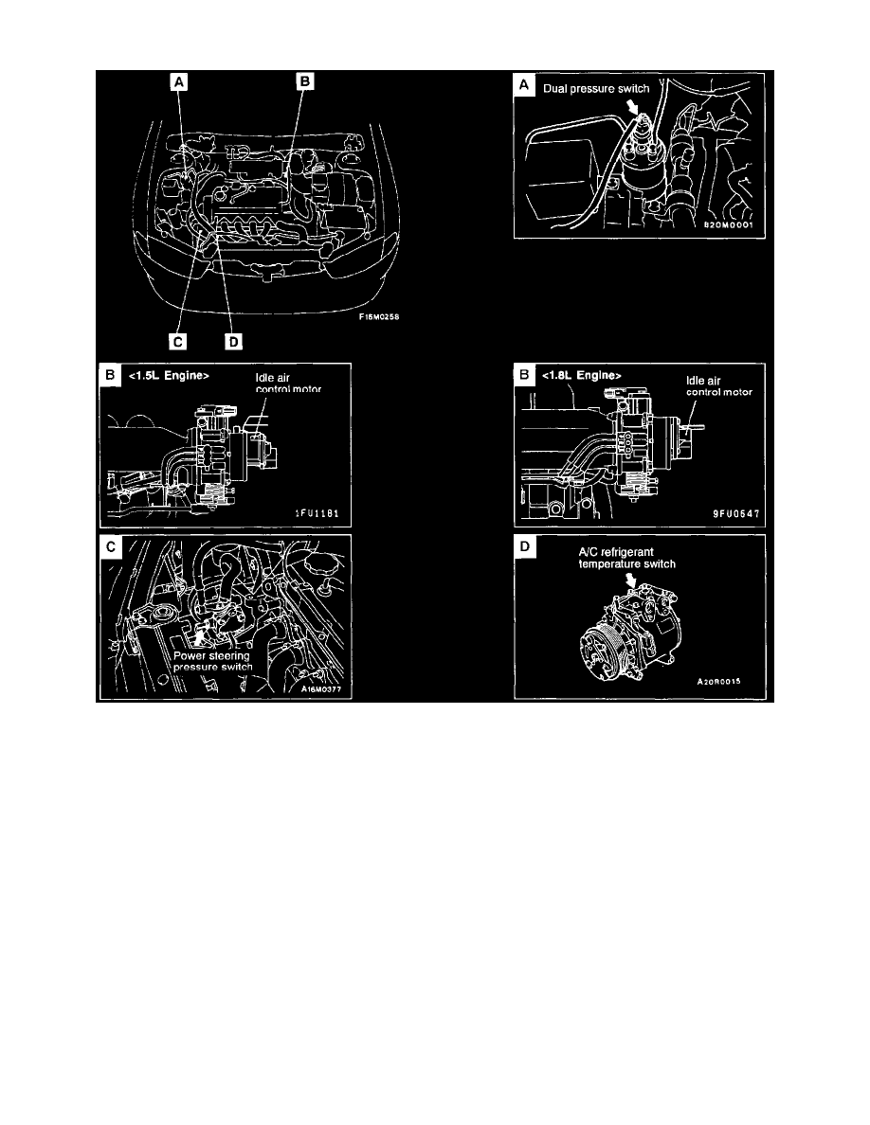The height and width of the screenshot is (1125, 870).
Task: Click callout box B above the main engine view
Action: tap(304, 83)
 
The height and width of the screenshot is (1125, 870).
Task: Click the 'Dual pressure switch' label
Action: tap(595, 89)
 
